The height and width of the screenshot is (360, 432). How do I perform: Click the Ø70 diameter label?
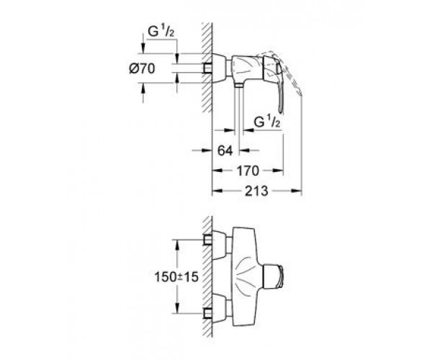point(158,71)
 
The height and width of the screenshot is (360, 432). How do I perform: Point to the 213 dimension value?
point(256,191)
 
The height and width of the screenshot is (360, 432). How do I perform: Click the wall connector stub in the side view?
point(209,69)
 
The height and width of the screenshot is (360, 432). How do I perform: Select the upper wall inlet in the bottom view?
point(209,240)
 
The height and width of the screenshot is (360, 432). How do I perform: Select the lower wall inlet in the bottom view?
point(209,313)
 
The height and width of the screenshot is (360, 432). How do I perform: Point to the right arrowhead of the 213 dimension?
point(298,192)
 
